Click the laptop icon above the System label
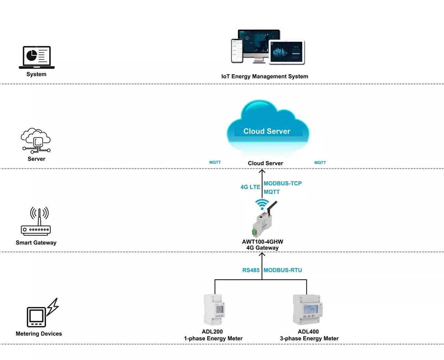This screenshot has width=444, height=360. click(x=37, y=57)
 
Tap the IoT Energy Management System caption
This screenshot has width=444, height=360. click(x=265, y=76)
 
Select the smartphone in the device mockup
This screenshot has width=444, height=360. click(x=237, y=51)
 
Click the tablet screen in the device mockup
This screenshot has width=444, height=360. click(x=287, y=52)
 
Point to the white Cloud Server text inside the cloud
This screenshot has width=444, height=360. click(x=267, y=131)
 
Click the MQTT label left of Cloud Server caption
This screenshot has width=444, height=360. click(x=215, y=162)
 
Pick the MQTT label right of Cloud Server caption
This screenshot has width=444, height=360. click(x=320, y=163)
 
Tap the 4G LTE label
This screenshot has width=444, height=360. click(x=250, y=187)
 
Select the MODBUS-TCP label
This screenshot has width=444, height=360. click(x=283, y=183)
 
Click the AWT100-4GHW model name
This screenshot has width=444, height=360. click(x=262, y=242)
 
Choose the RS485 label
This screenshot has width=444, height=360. click(x=251, y=270)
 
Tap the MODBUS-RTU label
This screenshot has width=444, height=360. click(x=283, y=270)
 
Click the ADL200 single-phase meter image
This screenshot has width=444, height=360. click(x=214, y=309)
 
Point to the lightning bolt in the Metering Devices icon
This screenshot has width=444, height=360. click(x=53, y=307)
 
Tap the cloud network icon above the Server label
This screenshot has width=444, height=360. click(x=36, y=141)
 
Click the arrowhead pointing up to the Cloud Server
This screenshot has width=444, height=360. click(x=262, y=171)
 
